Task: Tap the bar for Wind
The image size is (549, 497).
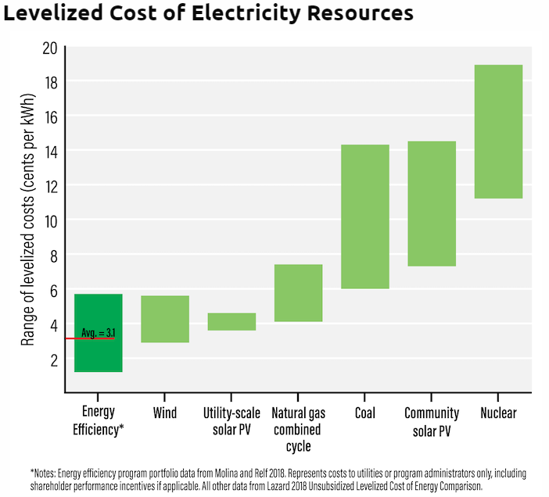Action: coord(165,319)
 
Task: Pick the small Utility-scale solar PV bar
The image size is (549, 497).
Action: coord(231,321)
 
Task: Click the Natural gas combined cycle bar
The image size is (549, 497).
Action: coord(298,293)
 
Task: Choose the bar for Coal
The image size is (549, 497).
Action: coord(365,216)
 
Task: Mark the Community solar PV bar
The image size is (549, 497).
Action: coord(432,203)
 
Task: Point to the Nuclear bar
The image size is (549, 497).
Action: coord(498,131)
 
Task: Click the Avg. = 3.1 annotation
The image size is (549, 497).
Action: coord(99,333)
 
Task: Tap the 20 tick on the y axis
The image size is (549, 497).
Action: coord(49,48)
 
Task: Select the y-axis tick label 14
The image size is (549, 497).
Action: coord(49,151)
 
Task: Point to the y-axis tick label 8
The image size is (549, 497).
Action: coord(52,255)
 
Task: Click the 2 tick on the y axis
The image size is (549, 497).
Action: coord(52,359)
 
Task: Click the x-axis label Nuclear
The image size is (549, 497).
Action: coord(498,413)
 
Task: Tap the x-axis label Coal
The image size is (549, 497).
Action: coord(365,413)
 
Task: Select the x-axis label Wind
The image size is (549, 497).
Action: coord(165,413)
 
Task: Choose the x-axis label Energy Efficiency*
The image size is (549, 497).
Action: coord(99,420)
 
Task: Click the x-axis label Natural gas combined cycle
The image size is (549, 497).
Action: coord(298,429)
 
